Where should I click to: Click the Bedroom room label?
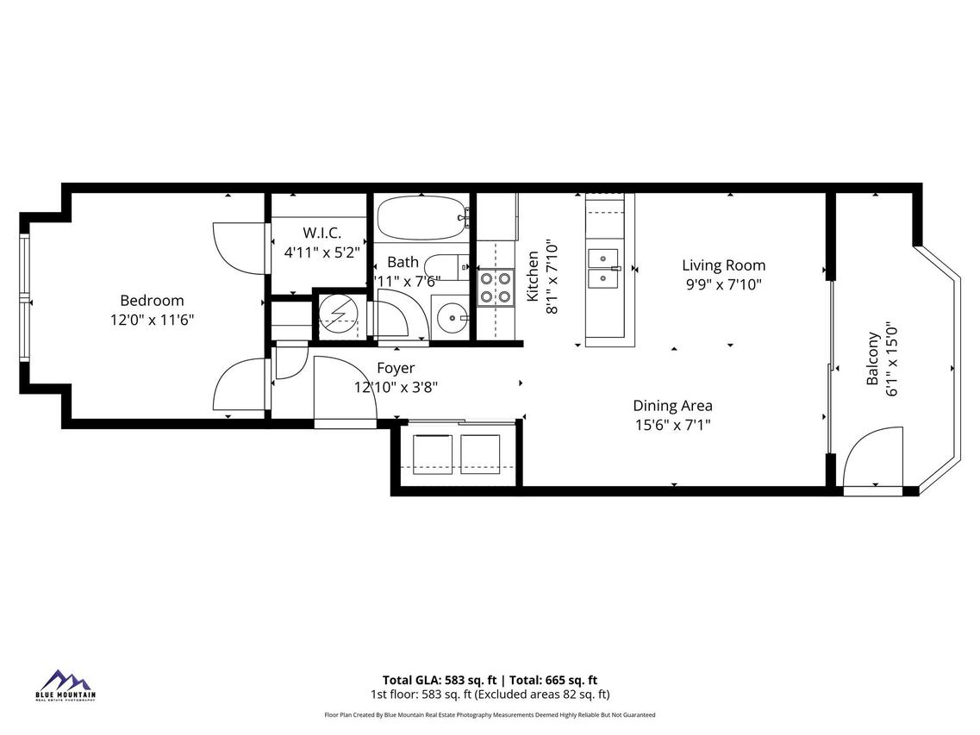[152, 301]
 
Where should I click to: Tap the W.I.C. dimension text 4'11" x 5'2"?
[322, 252]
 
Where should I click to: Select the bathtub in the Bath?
[421, 219]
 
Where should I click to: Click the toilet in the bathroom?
[449, 267]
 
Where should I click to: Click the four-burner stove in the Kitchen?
[496, 287]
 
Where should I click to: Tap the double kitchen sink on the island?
[603, 268]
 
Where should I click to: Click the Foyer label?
[396, 369]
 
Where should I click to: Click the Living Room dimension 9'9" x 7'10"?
[723, 284]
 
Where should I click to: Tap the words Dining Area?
[672, 406]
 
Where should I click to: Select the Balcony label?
[872, 358]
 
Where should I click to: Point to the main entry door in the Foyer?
[343, 390]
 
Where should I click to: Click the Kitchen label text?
[533, 277]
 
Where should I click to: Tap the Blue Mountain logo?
[66, 684]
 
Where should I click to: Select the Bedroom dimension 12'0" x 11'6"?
[152, 320]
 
